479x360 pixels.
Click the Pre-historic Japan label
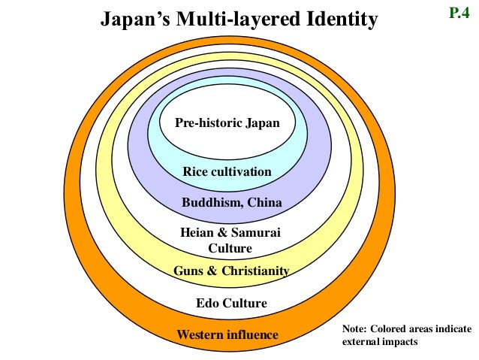[227, 123]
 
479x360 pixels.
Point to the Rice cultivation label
[227, 172]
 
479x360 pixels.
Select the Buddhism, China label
[231, 202]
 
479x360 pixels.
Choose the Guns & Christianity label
[231, 271]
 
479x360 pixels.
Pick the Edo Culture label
[231, 304]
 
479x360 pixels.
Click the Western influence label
[227, 334]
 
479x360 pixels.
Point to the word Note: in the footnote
[357, 328]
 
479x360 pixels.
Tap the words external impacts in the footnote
[379, 341]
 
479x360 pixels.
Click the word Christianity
[255, 271]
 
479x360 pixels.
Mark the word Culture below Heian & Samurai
[230, 248]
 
